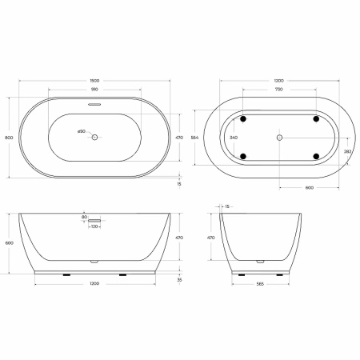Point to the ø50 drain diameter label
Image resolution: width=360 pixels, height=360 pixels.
[x=81, y=130]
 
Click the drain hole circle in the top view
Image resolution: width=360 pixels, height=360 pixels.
[x=94, y=138]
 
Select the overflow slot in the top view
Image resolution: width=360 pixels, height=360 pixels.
[x=94, y=103]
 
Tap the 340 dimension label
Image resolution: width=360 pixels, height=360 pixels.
[x=233, y=138]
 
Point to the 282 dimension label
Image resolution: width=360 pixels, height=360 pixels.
[x=347, y=150]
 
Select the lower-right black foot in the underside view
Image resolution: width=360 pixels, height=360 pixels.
[x=316, y=154]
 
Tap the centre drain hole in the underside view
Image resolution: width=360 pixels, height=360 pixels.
[x=278, y=138]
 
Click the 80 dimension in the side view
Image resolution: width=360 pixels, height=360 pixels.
[x=84, y=217]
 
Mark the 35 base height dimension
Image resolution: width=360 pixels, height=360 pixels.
[x=179, y=280]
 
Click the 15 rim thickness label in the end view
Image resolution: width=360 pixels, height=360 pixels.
[x=227, y=206]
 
